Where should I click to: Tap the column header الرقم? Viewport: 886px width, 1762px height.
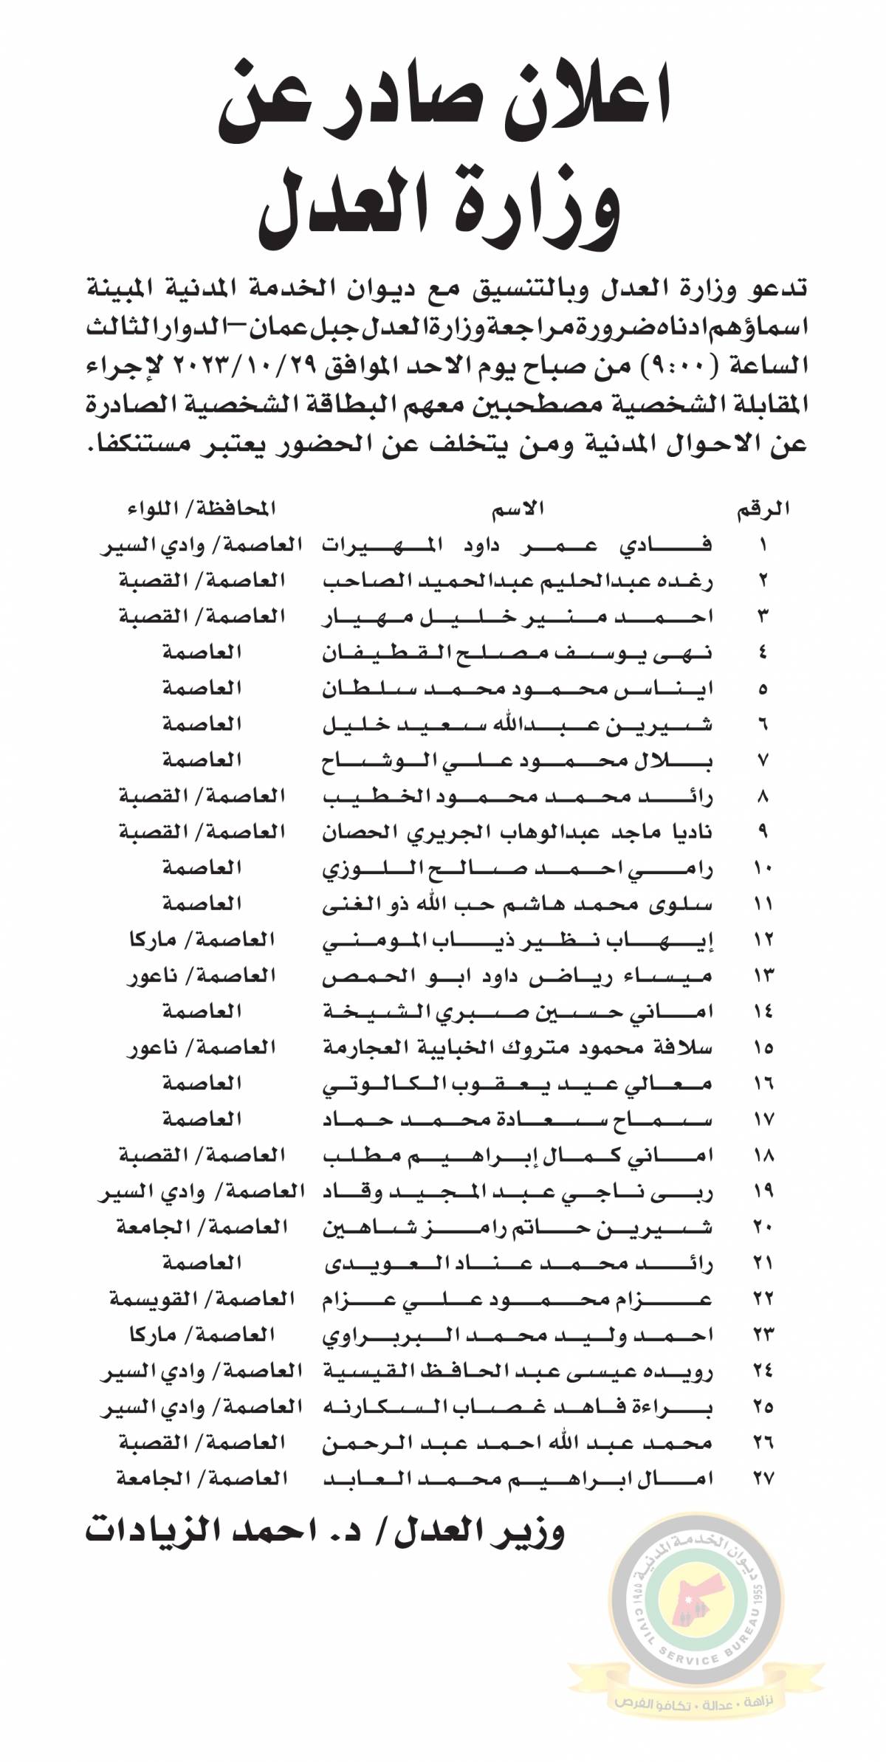[763, 509]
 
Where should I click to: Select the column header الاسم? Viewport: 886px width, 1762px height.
[519, 508]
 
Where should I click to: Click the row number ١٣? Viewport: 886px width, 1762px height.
[763, 975]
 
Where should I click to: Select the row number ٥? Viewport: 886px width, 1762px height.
[763, 689]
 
